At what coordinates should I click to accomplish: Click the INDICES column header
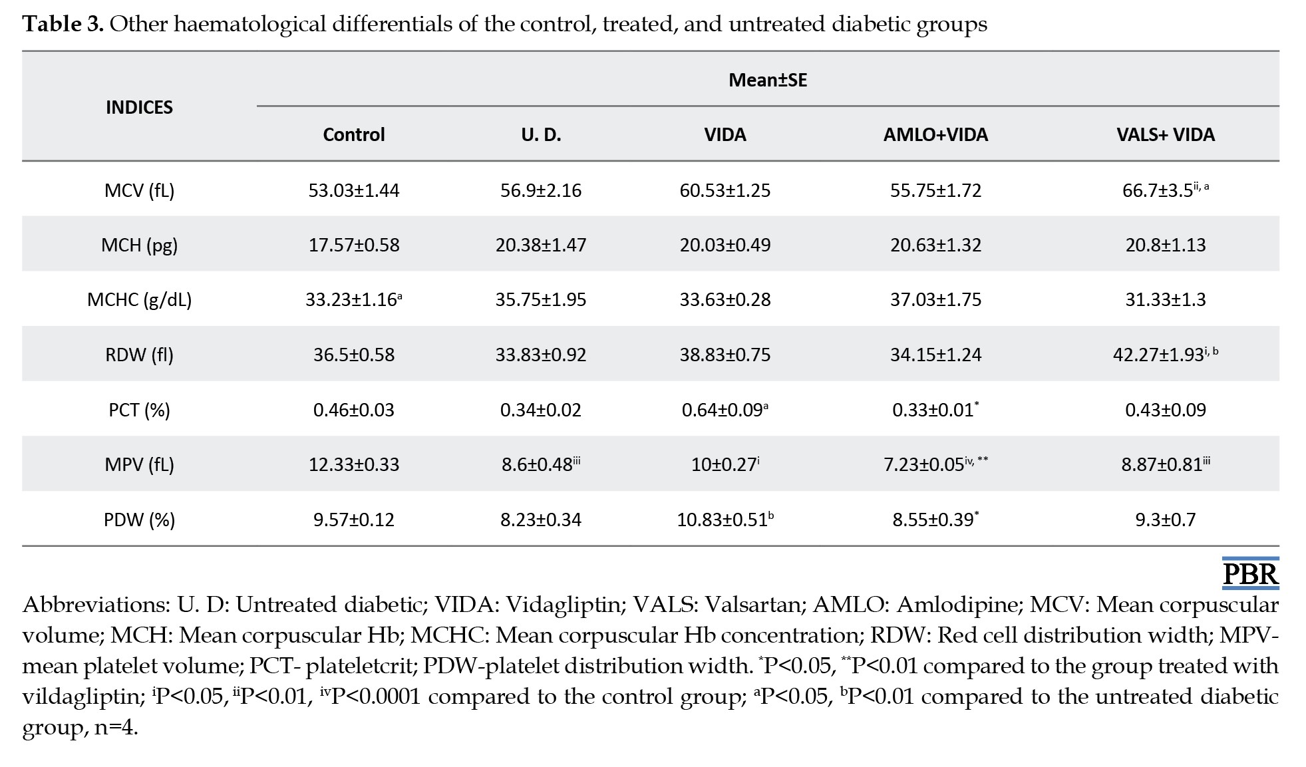click(x=139, y=107)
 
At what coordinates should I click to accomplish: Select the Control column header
click(x=354, y=134)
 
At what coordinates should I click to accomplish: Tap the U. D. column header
click(x=541, y=134)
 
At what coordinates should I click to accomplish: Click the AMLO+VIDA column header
click(x=935, y=134)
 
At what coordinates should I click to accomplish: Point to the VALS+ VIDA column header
click(x=1166, y=134)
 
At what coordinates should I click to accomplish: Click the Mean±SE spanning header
click(x=768, y=80)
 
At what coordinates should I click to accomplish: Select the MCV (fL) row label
click(x=139, y=190)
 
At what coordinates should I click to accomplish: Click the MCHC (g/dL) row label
click(x=139, y=299)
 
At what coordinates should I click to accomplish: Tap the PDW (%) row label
click(x=139, y=520)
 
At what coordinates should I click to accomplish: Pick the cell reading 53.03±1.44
click(x=354, y=190)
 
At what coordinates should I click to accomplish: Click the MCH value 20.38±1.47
click(x=541, y=245)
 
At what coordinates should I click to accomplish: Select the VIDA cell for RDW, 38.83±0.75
click(x=725, y=355)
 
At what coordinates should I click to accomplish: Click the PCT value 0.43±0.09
click(x=1166, y=410)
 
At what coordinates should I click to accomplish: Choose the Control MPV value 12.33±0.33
click(x=354, y=464)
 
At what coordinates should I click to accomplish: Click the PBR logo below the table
click(x=1251, y=573)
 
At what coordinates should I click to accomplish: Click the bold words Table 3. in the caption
click(x=63, y=24)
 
